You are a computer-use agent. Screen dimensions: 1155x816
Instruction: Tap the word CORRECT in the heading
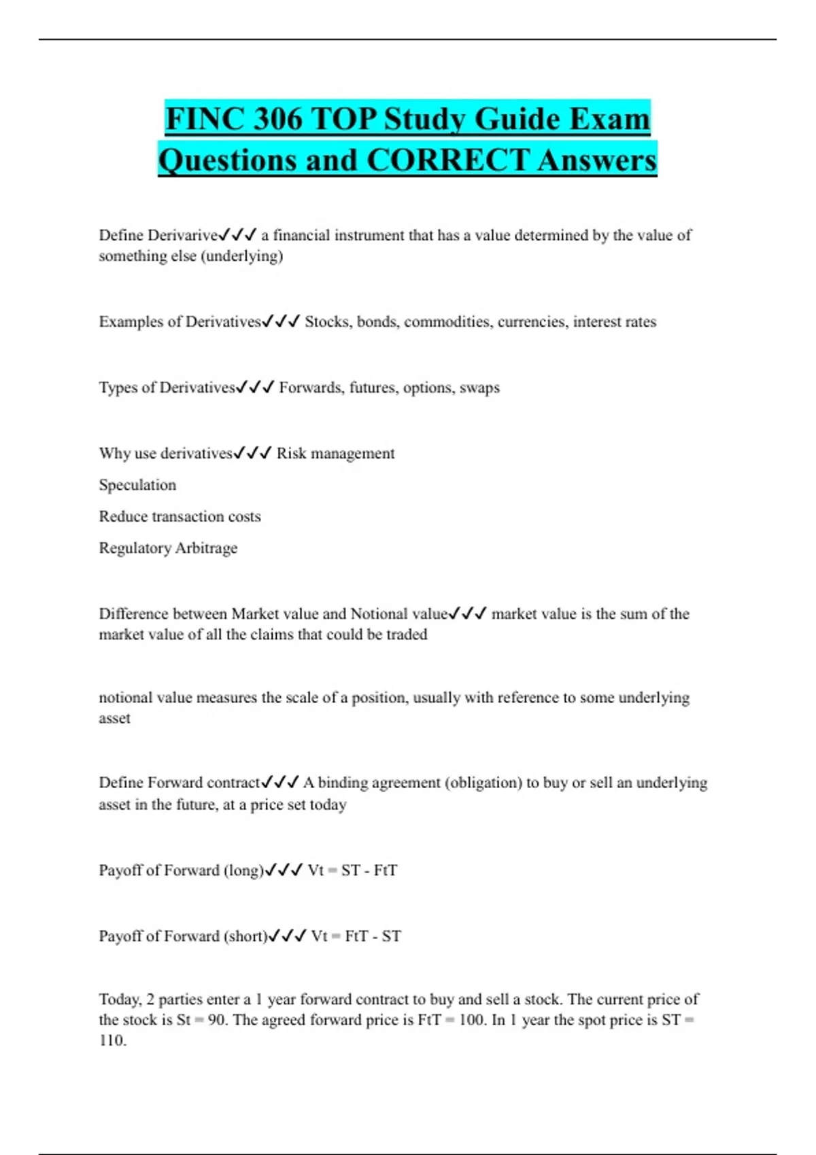447,160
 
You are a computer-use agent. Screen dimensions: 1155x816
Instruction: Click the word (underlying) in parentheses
241,256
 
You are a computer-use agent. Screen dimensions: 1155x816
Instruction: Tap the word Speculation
137,484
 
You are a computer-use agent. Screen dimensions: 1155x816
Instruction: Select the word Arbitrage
206,548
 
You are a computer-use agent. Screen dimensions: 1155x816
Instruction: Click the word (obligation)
483,782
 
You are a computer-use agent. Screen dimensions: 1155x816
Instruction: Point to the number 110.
112,1040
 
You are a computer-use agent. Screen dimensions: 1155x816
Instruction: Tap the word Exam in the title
609,119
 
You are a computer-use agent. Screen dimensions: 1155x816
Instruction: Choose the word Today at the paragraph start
120,999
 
